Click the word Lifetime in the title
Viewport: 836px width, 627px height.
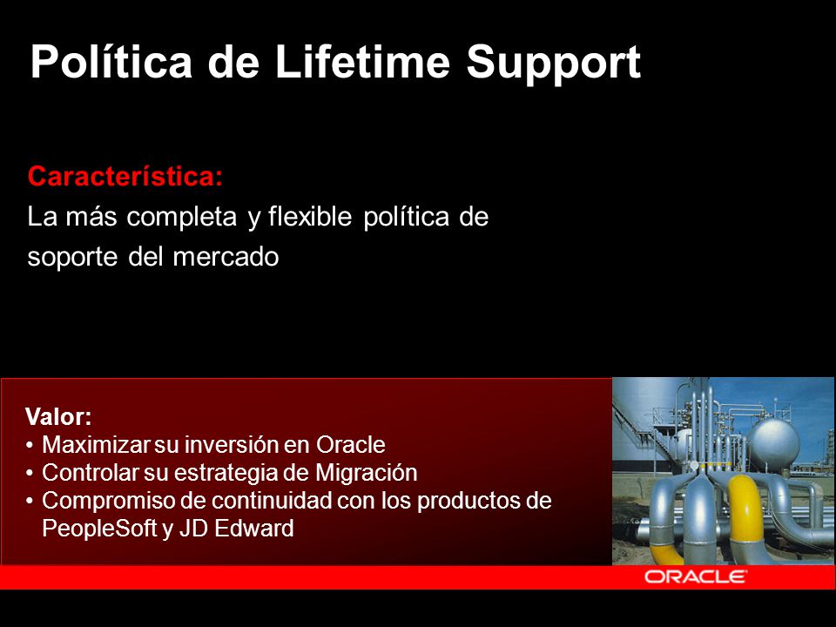coord(362,61)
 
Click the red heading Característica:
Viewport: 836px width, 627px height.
coord(125,176)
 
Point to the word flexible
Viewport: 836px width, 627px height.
coord(310,217)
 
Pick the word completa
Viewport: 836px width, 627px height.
coord(181,218)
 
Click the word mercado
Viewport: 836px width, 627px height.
coord(226,257)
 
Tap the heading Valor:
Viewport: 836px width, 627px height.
coord(58,417)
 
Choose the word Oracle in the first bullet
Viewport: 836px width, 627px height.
coord(351,445)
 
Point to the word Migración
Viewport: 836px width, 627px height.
coord(367,473)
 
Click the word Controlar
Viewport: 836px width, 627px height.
coord(90,473)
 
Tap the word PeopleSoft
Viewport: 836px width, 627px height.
coord(99,529)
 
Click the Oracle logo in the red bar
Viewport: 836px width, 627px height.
coord(695,576)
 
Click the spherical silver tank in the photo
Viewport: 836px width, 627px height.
coord(772,444)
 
